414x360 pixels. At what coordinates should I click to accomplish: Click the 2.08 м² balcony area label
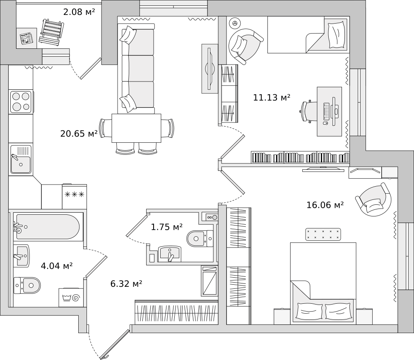click(x=79, y=12)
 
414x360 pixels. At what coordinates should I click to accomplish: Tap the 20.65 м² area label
click(x=79, y=134)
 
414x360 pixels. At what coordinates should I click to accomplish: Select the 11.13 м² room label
click(x=272, y=97)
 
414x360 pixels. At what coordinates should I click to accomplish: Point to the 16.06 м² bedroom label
click(x=325, y=205)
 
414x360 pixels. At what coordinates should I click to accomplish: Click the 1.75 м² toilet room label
click(x=166, y=227)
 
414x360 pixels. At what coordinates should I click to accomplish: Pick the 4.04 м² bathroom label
click(x=57, y=266)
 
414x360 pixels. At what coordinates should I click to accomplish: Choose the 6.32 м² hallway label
click(x=126, y=284)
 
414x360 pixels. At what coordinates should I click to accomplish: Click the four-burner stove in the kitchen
click(x=21, y=102)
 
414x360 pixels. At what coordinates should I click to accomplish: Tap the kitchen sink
click(x=21, y=159)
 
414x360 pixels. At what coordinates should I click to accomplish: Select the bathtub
click(x=48, y=227)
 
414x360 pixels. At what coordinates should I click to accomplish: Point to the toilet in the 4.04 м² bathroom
click(x=27, y=285)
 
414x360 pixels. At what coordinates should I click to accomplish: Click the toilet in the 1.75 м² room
click(x=200, y=239)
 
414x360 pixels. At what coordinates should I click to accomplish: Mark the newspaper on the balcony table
click(x=26, y=38)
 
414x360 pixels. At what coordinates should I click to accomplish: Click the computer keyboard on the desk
click(x=327, y=111)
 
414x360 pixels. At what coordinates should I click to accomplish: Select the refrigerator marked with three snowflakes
click(x=75, y=197)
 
